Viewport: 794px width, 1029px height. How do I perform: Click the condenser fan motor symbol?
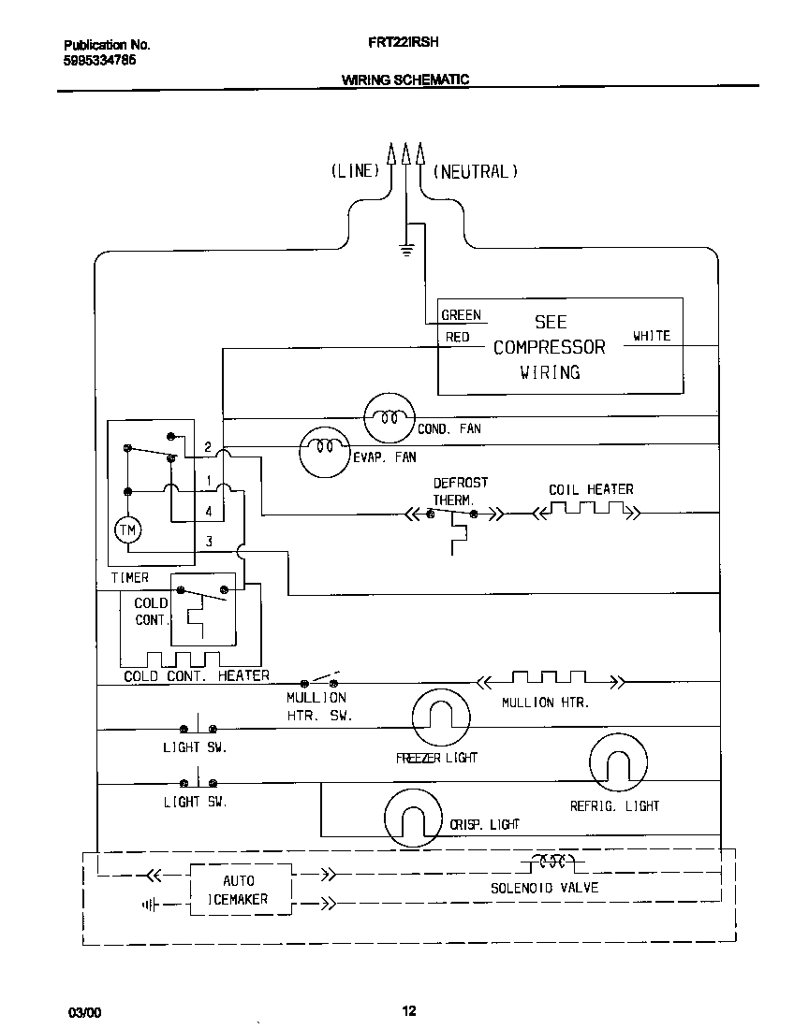click(389, 417)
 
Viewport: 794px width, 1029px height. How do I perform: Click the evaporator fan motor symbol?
click(324, 448)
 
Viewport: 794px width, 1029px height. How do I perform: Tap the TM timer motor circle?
click(126, 530)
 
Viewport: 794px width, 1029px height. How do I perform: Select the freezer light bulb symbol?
click(440, 717)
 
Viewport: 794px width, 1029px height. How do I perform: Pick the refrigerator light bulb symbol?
click(617, 763)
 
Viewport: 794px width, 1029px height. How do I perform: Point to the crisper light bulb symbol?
click(411, 819)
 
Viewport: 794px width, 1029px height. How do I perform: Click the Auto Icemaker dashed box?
click(239, 890)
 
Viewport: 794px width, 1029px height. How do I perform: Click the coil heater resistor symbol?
click(586, 510)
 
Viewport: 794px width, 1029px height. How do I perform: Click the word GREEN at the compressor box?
click(461, 315)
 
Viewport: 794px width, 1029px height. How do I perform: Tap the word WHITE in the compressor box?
click(652, 336)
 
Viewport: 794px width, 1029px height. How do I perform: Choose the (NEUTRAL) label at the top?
click(474, 171)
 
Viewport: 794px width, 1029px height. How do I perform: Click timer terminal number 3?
click(209, 541)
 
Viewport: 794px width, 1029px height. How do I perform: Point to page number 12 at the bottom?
click(408, 1010)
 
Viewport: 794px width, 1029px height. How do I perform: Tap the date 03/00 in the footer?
click(82, 1012)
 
